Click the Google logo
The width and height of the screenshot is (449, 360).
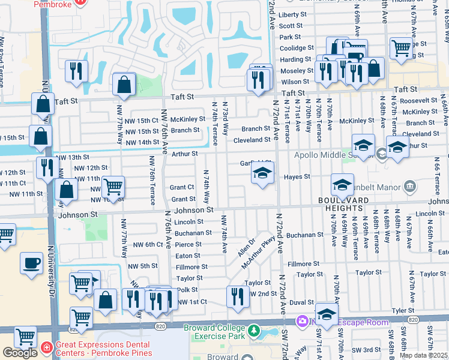pyautogui.click(x=20, y=353)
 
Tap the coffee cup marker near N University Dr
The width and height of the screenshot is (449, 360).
pyautogui.click(x=31, y=263)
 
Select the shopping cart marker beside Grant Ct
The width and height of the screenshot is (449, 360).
pyautogui.click(x=113, y=187)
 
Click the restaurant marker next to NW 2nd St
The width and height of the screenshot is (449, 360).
pyautogui.click(x=238, y=296)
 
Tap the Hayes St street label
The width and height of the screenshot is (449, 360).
pyautogui.click(x=297, y=177)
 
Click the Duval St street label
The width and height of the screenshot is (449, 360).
pyautogui.click(x=301, y=303)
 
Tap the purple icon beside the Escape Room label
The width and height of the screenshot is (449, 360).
pyautogui.click(x=302, y=321)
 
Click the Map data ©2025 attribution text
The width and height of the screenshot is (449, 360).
pyautogui.click(x=424, y=355)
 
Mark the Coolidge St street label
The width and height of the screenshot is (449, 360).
pyautogui.click(x=296, y=48)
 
